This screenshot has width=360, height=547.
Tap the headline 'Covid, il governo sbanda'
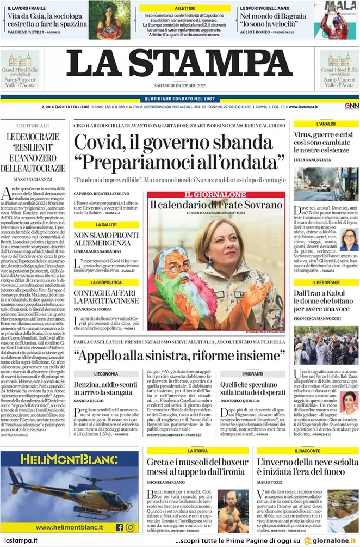(173, 143)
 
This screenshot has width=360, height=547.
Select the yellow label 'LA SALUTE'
(106, 224)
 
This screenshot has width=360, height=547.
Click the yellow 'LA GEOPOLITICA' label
(106, 282)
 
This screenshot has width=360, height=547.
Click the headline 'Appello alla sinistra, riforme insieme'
(179, 355)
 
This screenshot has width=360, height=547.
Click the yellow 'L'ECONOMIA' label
(106, 374)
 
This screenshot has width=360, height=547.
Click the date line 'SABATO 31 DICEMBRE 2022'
(179, 90)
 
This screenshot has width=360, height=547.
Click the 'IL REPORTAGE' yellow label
(326, 282)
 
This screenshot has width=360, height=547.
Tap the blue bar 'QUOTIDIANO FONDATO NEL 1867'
(179, 98)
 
